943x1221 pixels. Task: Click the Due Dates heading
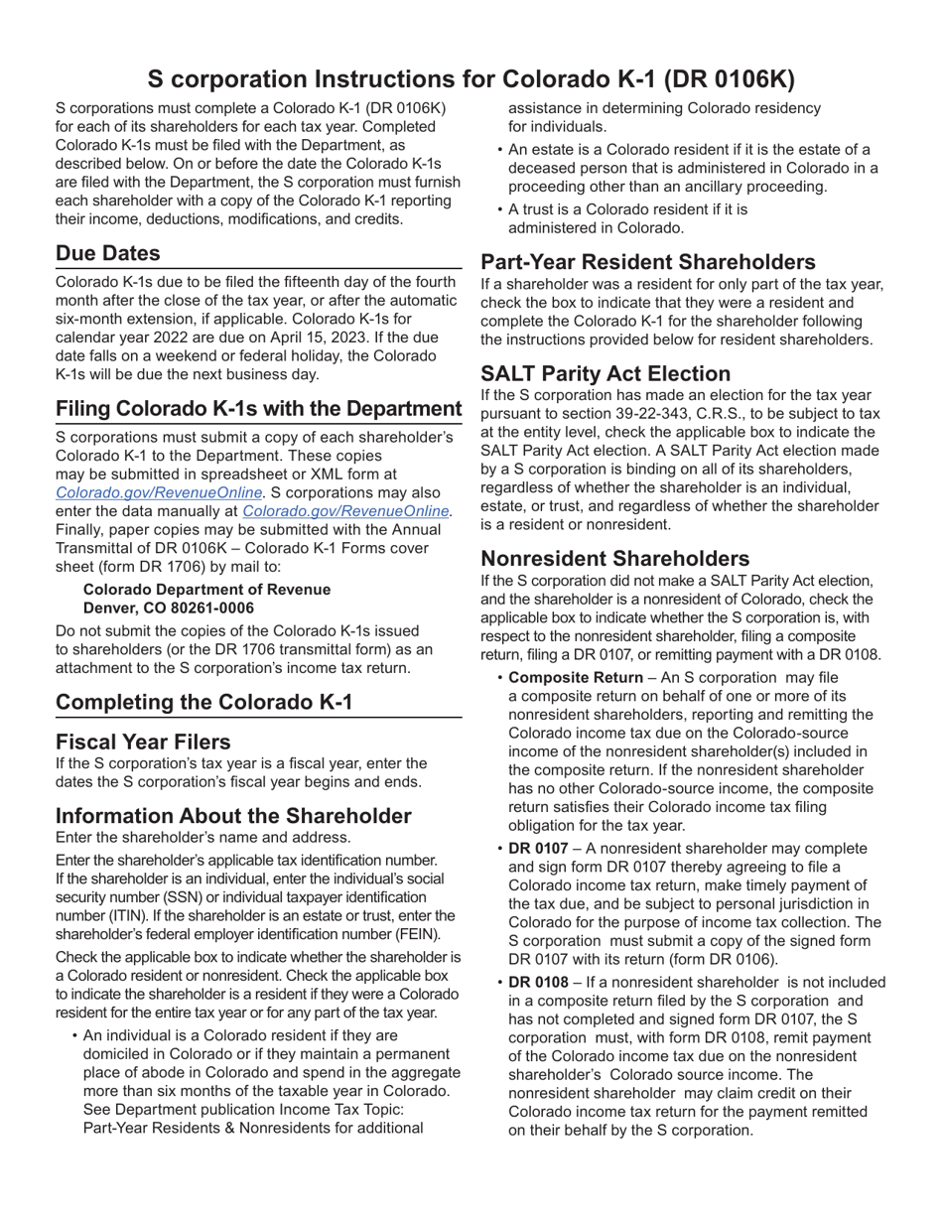(x=107, y=253)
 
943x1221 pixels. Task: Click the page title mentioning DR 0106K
(x=471, y=79)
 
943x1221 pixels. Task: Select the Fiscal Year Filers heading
(x=143, y=743)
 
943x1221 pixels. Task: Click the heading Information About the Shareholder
(x=233, y=816)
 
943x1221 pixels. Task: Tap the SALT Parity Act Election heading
(x=606, y=374)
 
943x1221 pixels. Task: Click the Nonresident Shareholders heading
(x=614, y=559)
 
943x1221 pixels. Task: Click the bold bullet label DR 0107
(x=538, y=849)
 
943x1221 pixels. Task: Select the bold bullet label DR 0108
(x=538, y=983)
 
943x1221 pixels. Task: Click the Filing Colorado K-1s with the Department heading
(x=258, y=409)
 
